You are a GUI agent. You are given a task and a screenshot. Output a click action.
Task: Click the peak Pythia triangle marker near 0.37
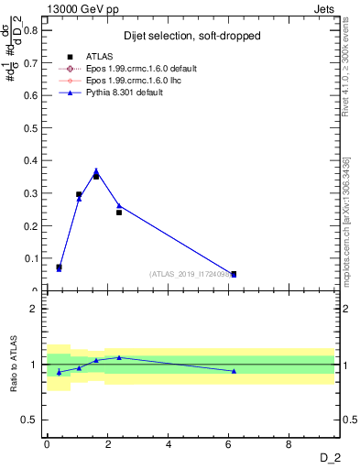96,170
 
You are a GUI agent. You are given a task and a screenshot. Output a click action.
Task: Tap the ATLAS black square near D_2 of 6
234,274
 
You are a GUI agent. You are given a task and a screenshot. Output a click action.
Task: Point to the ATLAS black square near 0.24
119,212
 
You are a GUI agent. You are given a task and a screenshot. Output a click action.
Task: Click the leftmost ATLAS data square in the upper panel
59,267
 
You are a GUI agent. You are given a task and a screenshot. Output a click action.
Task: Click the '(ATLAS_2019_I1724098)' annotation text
190,274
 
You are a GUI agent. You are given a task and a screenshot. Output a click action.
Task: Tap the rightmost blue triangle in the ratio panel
234,371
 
